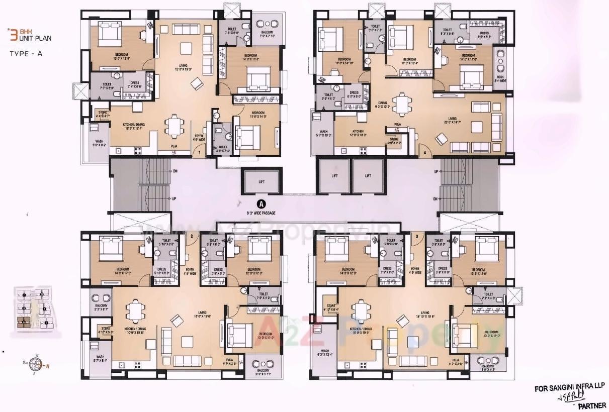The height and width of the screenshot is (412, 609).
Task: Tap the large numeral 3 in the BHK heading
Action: [14, 35]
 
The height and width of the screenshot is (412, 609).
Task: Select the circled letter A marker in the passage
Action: [260, 204]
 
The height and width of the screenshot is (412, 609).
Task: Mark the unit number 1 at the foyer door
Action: [200, 152]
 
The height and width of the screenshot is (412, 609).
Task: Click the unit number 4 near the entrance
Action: [425, 152]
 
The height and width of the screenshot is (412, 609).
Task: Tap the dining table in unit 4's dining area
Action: [401, 105]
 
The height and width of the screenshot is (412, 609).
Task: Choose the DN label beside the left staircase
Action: [175, 171]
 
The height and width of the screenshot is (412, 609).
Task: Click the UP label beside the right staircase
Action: [436, 171]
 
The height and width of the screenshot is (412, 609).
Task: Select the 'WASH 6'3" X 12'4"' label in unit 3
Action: [325, 353]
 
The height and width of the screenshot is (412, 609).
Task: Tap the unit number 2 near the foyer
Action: [192, 236]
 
